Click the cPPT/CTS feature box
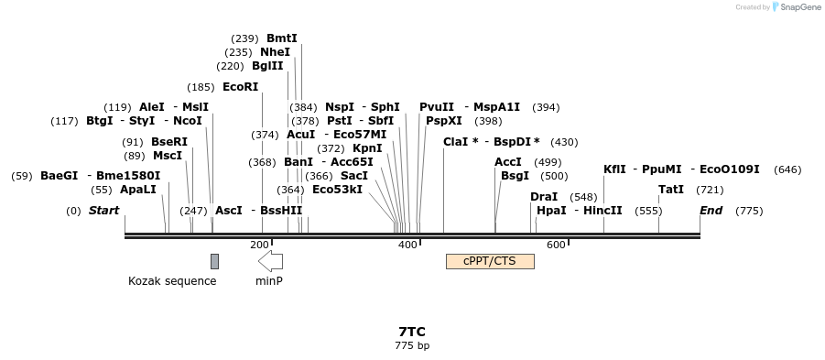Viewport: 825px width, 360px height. tap(490, 261)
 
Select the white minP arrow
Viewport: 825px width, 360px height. tap(270, 261)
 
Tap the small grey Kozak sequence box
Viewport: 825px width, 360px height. tap(214, 261)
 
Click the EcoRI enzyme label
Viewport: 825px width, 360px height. tap(241, 87)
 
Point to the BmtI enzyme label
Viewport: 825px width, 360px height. tap(282, 38)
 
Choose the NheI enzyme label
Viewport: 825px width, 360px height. tap(275, 52)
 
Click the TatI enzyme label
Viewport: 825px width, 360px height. tap(671, 190)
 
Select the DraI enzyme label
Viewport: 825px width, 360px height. tap(544, 197)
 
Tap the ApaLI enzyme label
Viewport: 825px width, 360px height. tap(138, 190)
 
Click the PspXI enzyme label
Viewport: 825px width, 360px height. tap(444, 121)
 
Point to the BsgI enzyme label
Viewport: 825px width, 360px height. tap(515, 176)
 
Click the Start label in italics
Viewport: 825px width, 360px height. tap(103, 211)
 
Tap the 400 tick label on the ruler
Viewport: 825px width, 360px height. tap(406, 245)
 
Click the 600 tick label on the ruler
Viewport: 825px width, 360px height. tap(555, 245)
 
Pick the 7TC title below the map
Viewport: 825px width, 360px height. tap(412, 332)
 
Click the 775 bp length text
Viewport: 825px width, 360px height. tap(412, 346)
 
